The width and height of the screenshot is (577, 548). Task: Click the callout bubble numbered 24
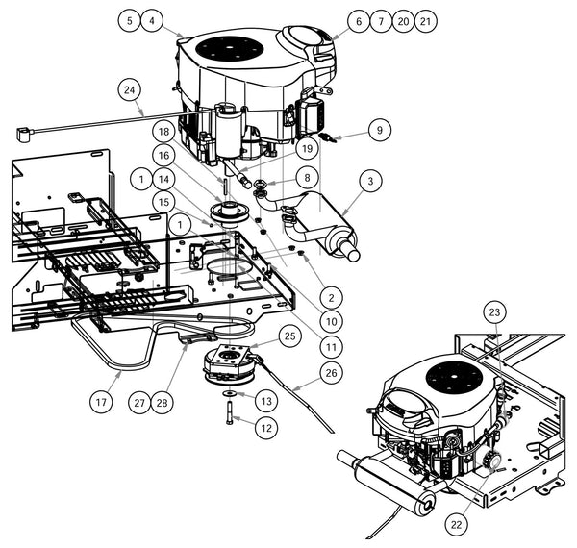(x=127, y=90)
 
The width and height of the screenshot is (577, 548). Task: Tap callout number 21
(x=424, y=19)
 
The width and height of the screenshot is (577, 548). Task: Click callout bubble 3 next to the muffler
(x=368, y=179)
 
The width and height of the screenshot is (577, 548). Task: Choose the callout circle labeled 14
(x=164, y=179)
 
